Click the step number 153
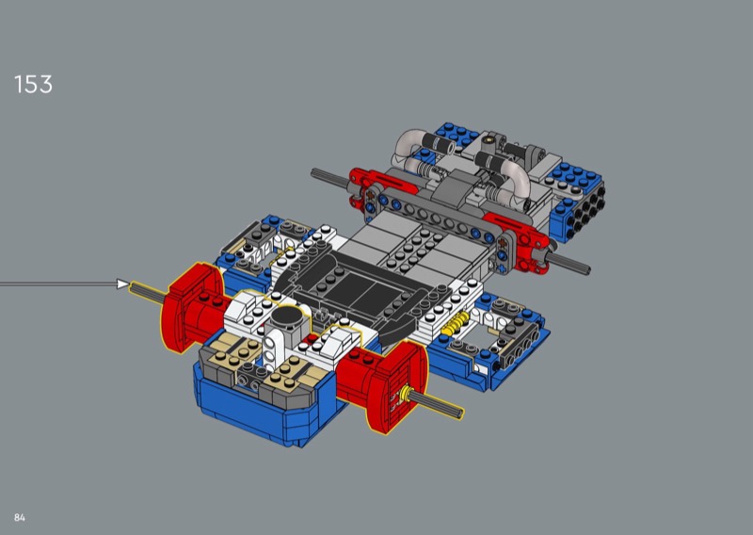click(33, 84)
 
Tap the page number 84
click(19, 518)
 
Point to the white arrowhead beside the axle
click(123, 284)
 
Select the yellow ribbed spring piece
click(455, 324)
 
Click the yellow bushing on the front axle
click(409, 394)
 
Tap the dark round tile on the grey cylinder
click(286, 316)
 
